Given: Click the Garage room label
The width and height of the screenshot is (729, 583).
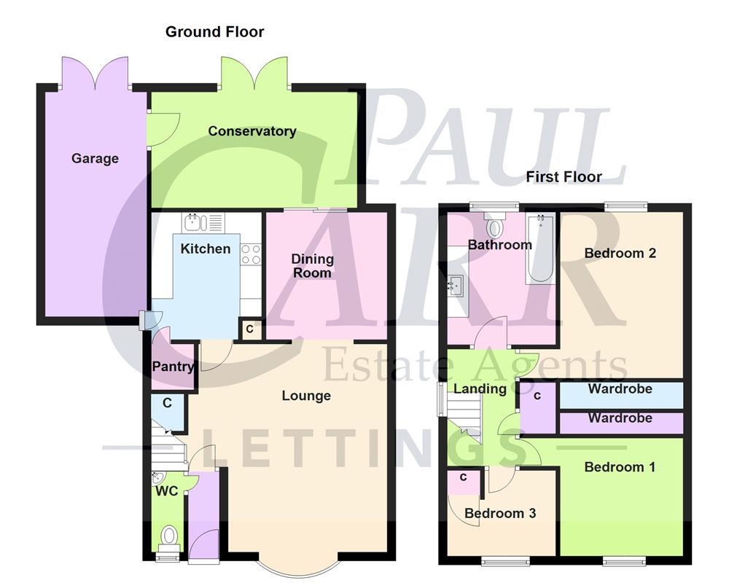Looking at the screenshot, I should coord(95,158).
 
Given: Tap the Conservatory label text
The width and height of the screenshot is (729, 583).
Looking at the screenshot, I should coord(252,131).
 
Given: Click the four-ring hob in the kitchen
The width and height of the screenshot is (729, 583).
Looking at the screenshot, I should coord(251,254).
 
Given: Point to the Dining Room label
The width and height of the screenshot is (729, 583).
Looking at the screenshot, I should coord(312,265).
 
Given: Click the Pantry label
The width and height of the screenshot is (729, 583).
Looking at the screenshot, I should coord(171,367).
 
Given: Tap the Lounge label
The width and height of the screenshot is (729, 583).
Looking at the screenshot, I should coord(306,396).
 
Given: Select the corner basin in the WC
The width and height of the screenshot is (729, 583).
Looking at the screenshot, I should coord(158,479).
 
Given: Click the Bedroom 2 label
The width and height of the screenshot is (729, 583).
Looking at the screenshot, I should coord(620,253).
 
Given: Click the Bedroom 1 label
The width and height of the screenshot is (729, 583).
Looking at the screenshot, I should coord(620,466).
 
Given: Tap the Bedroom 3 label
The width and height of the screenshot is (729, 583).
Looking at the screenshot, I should coord(500,513).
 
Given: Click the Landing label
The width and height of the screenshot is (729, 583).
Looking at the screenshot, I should coord(480,388).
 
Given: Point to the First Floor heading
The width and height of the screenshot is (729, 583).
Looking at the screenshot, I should coord(564,176).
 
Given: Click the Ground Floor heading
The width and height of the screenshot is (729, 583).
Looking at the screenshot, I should coord(214,31).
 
